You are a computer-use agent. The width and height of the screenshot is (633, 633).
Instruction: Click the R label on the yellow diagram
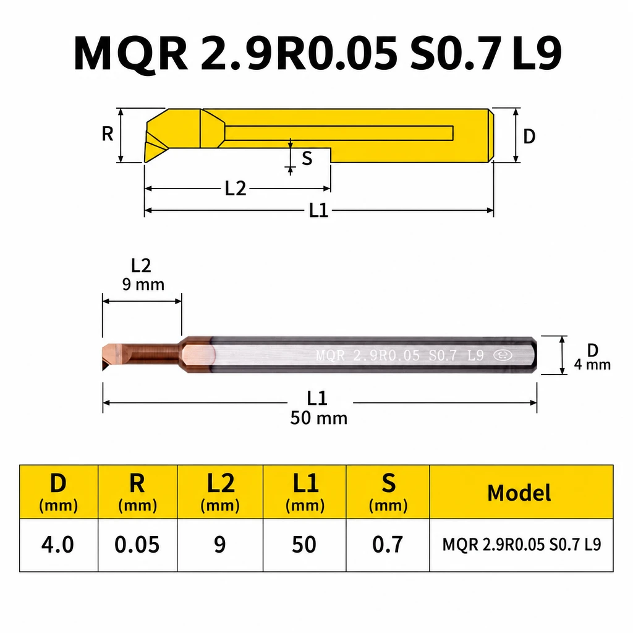click(x=108, y=134)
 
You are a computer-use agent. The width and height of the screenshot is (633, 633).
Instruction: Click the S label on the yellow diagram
click(x=307, y=158)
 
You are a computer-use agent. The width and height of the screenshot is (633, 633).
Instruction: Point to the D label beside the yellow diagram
click(x=529, y=137)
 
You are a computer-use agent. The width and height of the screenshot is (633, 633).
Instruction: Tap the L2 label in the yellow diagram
click(x=236, y=189)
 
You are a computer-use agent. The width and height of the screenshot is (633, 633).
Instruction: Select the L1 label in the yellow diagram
click(x=318, y=210)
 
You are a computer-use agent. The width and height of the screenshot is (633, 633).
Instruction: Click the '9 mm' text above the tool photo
click(x=143, y=284)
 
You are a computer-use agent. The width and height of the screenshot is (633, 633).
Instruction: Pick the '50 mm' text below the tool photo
click(x=318, y=418)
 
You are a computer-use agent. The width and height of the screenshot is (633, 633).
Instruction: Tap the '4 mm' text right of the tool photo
click(x=592, y=365)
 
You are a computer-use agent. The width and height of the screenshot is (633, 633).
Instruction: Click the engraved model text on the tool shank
click(x=400, y=355)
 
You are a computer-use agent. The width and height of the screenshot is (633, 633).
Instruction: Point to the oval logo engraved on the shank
click(x=503, y=355)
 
